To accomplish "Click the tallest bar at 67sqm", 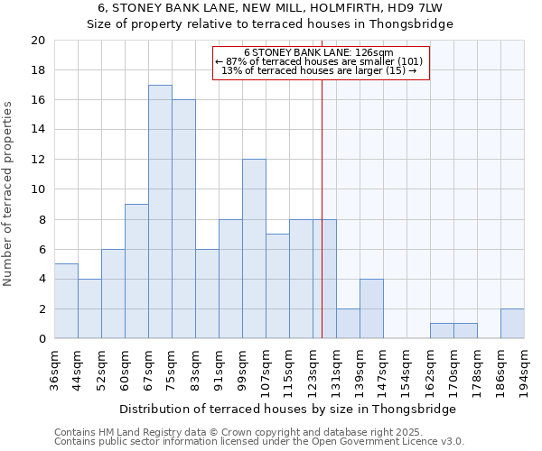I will (x=160, y=212).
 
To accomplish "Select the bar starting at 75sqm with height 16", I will (x=183, y=219).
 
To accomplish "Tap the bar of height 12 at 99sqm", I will (x=254, y=249).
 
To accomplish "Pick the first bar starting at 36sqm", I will (x=66, y=301).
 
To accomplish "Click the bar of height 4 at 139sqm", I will (x=371, y=308).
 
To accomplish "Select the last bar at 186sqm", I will (x=512, y=324).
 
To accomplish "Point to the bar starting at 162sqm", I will (x=442, y=331).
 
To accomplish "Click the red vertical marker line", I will (x=322, y=207).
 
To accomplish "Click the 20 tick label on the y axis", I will (x=37, y=41).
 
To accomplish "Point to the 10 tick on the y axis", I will (x=37, y=189).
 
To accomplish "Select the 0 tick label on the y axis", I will (x=41, y=339).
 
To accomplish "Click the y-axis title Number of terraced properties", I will (x=8, y=194).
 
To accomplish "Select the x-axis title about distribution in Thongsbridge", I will (x=287, y=409).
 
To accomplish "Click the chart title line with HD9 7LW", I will (x=269, y=8).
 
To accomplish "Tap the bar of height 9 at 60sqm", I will (x=136, y=272).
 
